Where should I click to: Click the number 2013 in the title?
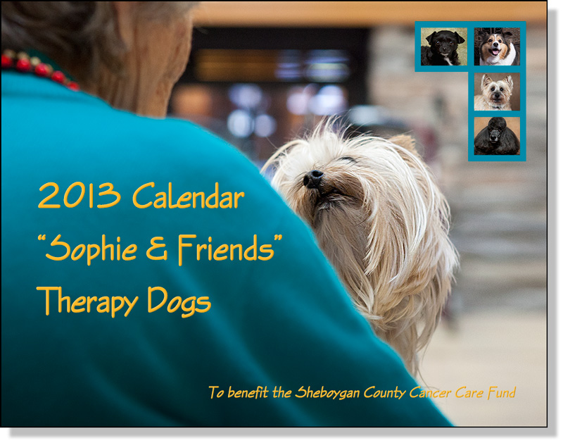[80, 196]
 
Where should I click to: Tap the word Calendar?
[189, 196]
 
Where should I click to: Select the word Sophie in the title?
[91, 250]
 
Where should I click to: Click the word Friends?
[226, 248]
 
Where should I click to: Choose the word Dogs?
[179, 303]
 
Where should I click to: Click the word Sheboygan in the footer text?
[327, 393]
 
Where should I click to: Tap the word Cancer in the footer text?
[429, 392]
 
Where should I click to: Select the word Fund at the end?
[502, 392]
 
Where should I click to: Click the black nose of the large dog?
[312, 178]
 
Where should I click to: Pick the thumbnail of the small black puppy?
[444, 46]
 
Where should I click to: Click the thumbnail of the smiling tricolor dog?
[497, 46]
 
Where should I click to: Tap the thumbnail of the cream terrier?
[497, 92]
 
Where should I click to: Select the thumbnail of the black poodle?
[497, 136]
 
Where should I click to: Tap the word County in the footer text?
[384, 393]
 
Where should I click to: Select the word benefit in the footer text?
[248, 392]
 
